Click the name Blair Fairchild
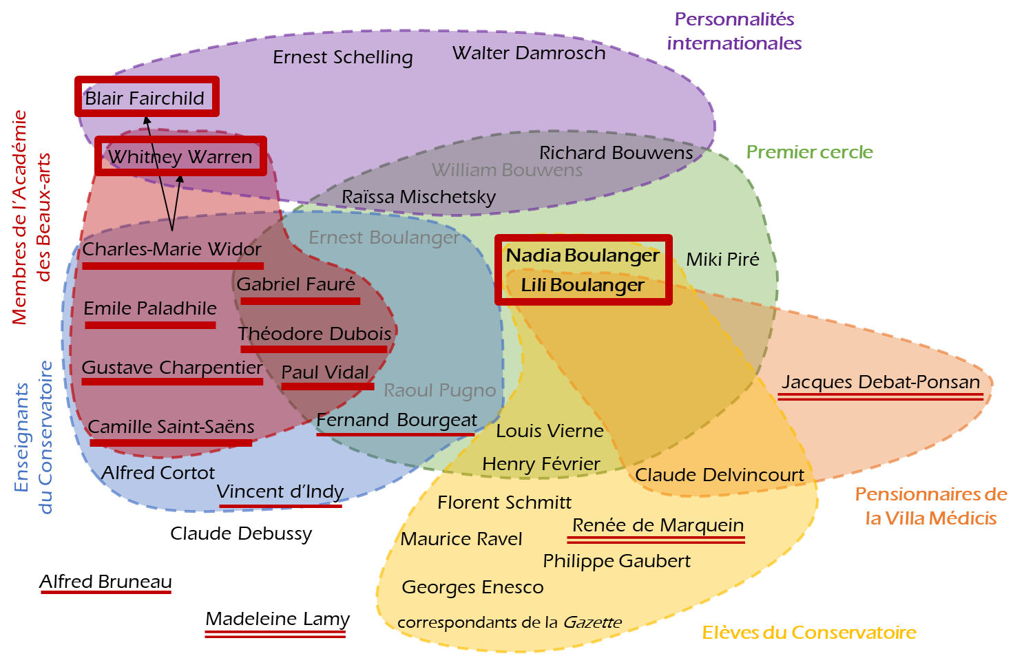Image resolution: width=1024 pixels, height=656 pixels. [x=145, y=98]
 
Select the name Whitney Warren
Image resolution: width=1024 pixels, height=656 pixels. [x=180, y=157]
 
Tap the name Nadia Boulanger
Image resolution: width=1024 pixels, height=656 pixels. [x=583, y=255]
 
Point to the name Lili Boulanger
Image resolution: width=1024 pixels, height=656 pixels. [x=583, y=285]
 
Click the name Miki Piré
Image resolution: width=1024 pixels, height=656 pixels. [x=722, y=260]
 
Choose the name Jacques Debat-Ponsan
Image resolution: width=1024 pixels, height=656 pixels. [x=880, y=382]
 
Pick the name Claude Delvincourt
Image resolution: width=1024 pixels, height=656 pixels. [x=719, y=475]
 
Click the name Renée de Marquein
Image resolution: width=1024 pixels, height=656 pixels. [x=658, y=525]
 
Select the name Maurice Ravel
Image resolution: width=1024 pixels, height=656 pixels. [x=461, y=539]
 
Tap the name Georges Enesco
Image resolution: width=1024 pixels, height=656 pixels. [x=472, y=587]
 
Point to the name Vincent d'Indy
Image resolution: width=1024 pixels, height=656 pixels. [x=280, y=491]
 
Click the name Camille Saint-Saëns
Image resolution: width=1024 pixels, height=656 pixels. [x=171, y=427]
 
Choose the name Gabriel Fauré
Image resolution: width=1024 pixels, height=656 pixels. [x=295, y=284]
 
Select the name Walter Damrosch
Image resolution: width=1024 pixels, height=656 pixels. [x=529, y=53]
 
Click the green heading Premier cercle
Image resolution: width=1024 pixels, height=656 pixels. [x=809, y=152]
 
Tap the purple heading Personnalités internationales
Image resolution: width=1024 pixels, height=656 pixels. [x=734, y=31]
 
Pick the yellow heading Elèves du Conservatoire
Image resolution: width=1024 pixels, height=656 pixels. [x=808, y=633]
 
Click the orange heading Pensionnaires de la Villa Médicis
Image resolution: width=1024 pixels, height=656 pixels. [x=931, y=506]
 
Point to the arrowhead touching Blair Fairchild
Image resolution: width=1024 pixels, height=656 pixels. [x=147, y=122]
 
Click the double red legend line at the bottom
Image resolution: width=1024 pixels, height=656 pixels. [x=275, y=634]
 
